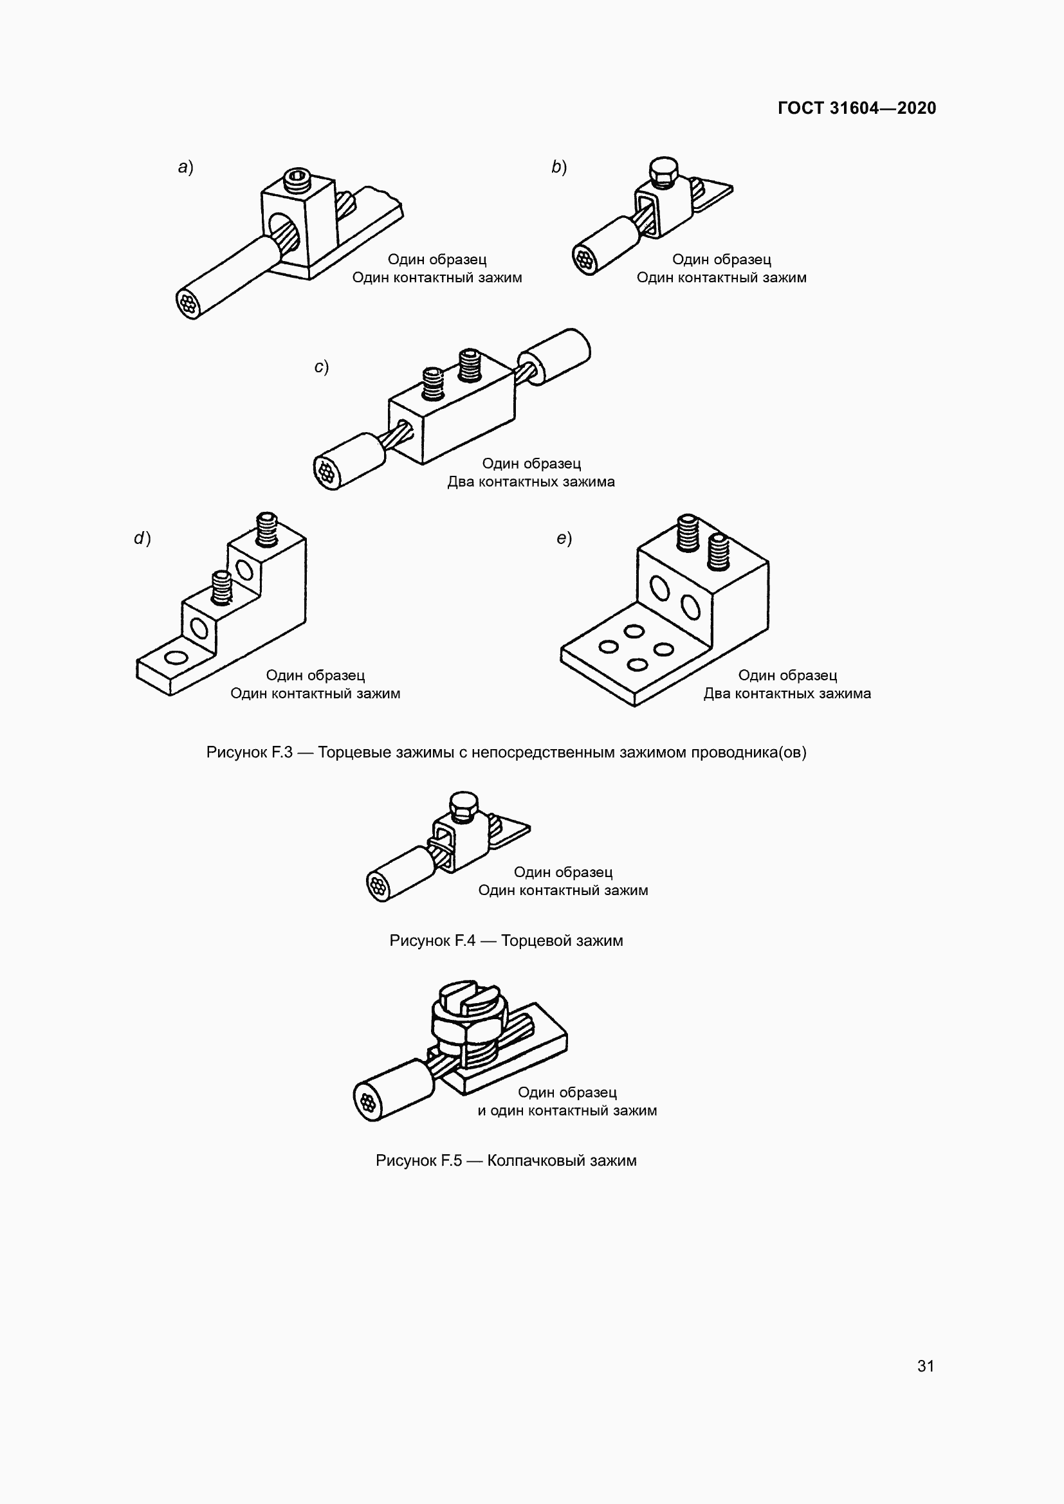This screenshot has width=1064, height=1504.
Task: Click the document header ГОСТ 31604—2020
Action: [856, 108]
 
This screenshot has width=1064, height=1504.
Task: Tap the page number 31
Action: [925, 1366]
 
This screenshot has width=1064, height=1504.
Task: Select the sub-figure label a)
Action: [185, 167]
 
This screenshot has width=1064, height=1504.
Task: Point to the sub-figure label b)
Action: [559, 167]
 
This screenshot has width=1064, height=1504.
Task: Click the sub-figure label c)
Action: [321, 367]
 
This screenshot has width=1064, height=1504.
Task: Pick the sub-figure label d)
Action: [142, 538]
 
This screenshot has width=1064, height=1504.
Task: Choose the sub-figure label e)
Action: [564, 538]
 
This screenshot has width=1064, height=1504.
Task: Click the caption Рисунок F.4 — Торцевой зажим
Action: [506, 941]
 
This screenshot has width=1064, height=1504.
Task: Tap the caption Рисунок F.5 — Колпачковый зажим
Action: [506, 1161]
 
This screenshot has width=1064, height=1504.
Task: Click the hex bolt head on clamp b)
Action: [665, 169]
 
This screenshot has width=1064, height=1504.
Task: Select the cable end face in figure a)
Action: [187, 305]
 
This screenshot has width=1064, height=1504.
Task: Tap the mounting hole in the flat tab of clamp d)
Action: [176, 657]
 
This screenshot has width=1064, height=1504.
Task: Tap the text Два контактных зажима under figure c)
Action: [531, 482]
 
